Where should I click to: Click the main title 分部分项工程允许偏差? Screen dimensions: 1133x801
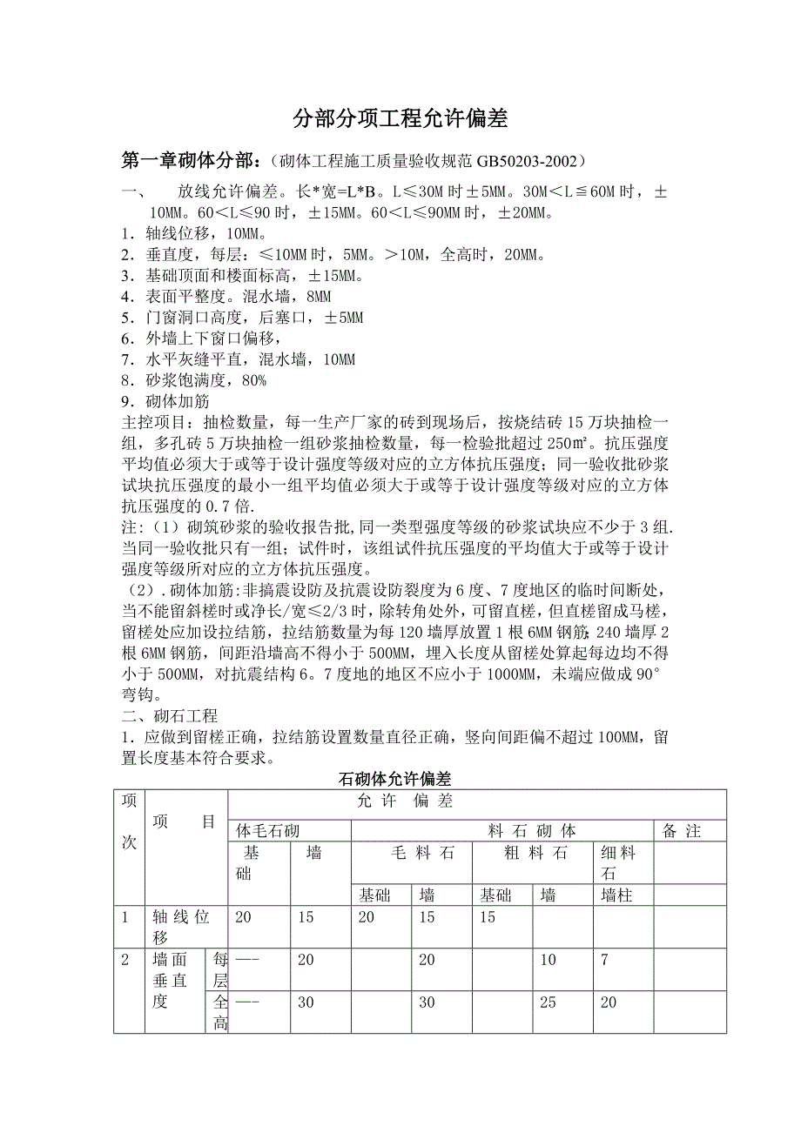(x=400, y=118)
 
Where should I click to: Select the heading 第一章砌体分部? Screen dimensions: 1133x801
(x=189, y=161)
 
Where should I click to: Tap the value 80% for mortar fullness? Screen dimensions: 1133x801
(x=252, y=380)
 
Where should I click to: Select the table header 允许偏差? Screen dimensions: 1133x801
(x=405, y=801)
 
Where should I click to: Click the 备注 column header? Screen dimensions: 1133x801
(x=681, y=831)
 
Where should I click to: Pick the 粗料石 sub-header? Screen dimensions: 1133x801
(x=535, y=853)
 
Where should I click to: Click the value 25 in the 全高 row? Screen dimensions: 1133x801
(x=548, y=1002)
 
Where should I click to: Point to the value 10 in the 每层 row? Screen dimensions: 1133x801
(x=548, y=959)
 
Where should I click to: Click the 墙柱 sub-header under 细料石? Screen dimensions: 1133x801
(x=616, y=895)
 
